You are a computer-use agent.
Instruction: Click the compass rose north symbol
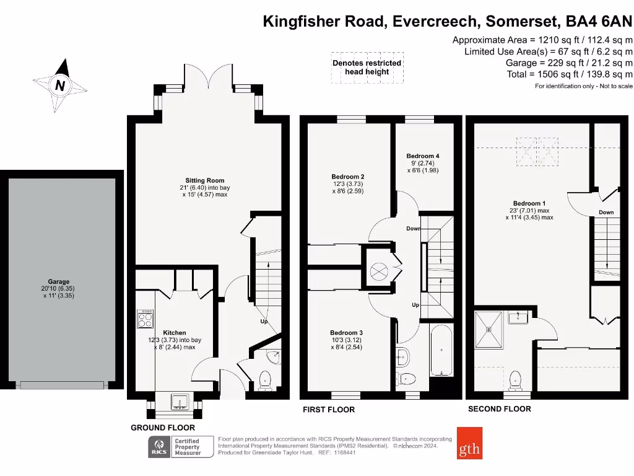click(x=60, y=86)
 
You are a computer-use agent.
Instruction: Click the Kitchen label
click(x=175, y=333)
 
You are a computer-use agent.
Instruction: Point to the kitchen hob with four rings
click(x=145, y=319)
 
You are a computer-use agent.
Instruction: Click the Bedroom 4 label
click(x=423, y=156)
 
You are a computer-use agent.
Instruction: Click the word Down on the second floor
click(x=606, y=213)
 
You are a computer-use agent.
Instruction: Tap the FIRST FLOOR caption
click(x=329, y=410)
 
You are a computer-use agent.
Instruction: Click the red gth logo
click(x=469, y=443)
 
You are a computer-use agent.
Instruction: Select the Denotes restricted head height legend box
click(x=367, y=67)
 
